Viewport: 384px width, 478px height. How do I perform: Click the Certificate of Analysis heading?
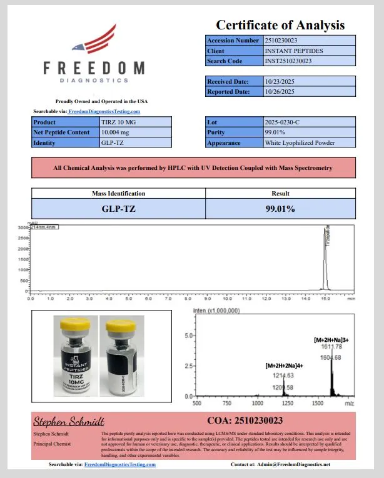coord(280,25)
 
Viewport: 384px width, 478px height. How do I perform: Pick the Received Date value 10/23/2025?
coord(280,81)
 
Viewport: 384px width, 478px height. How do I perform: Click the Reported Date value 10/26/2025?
coord(280,92)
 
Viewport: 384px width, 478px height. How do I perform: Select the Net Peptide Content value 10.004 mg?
coord(119,132)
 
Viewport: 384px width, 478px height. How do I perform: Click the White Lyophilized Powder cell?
coord(300,143)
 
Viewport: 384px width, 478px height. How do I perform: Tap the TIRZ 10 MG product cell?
coord(118,122)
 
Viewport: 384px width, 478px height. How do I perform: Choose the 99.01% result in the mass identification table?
coord(280,208)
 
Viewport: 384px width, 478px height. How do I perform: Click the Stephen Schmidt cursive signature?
coord(69,421)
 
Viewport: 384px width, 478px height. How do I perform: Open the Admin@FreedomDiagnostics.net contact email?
coord(298,465)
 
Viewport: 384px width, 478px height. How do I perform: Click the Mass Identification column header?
coord(118,194)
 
